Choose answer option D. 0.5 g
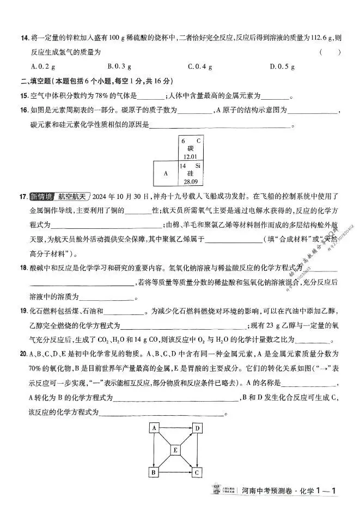click(282, 66)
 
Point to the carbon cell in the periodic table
click(191, 149)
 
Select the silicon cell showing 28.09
click(191, 173)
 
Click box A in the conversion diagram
click(154, 428)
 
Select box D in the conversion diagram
click(197, 428)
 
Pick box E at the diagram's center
click(175, 450)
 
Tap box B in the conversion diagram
click(154, 472)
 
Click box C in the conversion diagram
click(197, 472)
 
